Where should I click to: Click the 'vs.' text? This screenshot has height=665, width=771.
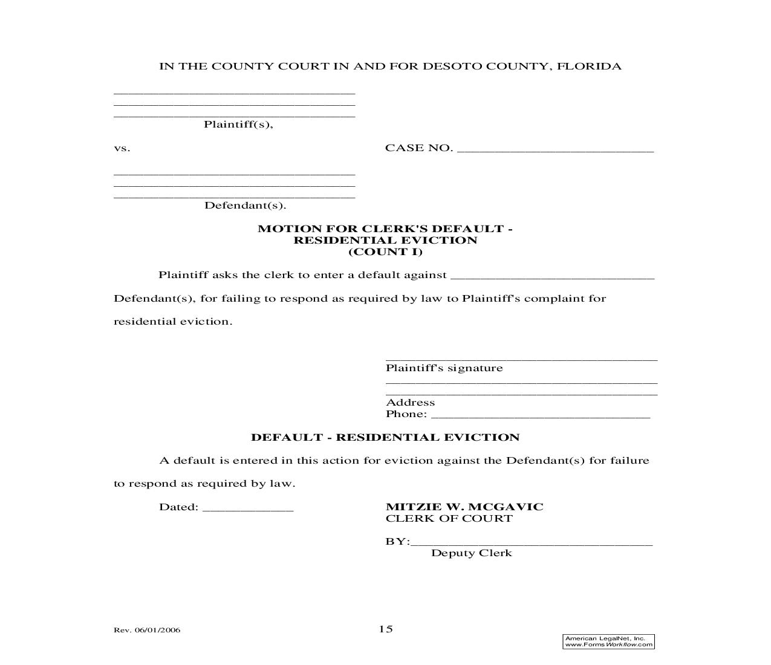click(122, 148)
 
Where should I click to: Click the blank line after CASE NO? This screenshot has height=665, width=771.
click(555, 149)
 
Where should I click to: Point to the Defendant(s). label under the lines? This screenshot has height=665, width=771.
click(245, 206)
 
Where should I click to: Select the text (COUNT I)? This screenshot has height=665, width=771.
click(385, 251)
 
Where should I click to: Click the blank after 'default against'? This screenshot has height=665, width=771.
click(553, 276)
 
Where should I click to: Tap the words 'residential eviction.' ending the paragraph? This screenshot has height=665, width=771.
click(173, 322)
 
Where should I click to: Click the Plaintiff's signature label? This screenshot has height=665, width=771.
click(444, 368)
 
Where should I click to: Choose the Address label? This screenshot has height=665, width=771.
click(410, 403)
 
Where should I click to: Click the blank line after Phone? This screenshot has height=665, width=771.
click(541, 415)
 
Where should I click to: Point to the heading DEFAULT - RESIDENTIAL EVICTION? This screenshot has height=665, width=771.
click(385, 437)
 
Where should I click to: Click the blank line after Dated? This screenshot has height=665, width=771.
click(248, 508)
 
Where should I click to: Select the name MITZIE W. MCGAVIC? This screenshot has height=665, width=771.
click(464, 507)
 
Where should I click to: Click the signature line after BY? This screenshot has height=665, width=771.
click(532, 543)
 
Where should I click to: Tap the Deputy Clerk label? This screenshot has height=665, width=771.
click(471, 553)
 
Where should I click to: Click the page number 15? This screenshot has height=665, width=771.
click(386, 629)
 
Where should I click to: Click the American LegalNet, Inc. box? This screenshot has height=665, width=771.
click(608, 641)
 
